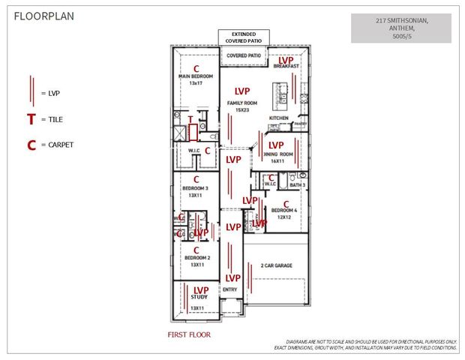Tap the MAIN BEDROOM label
tap(196, 76)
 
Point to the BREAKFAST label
tap(286, 67)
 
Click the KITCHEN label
tap(278, 118)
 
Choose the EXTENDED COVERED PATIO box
tap(242, 37)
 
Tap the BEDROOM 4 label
tap(285, 210)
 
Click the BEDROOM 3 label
tap(196, 187)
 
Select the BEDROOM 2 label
tap(196, 257)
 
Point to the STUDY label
tap(199, 298)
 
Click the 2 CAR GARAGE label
tap(276, 265)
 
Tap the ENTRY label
tap(230, 289)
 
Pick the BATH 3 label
tap(297, 184)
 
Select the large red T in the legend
tap(31, 119)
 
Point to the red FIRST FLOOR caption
tap(188, 334)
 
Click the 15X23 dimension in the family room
tap(241, 109)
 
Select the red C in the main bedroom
tap(196, 67)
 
